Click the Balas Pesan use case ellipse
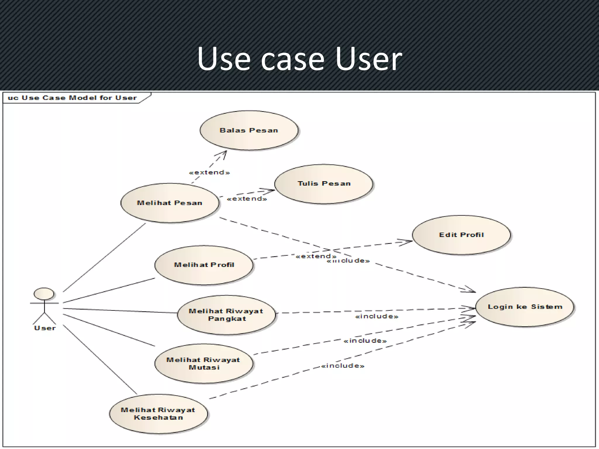(249, 130)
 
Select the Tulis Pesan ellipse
(324, 184)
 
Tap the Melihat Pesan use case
(170, 203)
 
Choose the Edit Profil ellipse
(461, 235)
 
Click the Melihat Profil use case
(204, 265)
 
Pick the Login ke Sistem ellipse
(525, 307)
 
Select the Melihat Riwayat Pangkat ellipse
(226, 315)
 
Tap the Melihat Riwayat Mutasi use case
(204, 364)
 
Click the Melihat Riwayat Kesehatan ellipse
(158, 414)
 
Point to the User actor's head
(44, 294)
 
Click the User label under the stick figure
(45, 328)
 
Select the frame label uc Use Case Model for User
(72, 98)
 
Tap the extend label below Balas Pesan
(209, 172)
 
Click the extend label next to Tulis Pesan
(247, 199)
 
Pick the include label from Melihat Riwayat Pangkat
(377, 316)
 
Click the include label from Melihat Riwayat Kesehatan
(342, 366)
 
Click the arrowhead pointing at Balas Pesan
(224, 153)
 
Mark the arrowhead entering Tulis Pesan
(271, 191)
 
